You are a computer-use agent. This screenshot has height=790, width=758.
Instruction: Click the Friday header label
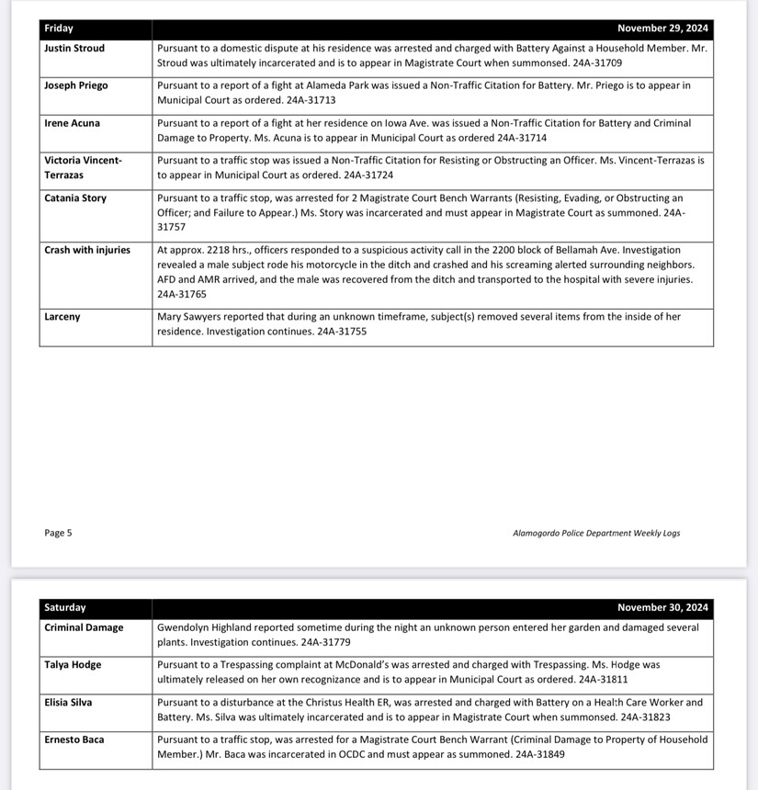[59, 28]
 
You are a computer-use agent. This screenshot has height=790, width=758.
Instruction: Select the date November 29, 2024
[662, 28]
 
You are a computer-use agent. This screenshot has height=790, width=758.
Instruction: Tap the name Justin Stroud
[74, 48]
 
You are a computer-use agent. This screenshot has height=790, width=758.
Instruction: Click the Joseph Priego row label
[76, 85]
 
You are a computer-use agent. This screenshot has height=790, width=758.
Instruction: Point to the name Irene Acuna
[73, 123]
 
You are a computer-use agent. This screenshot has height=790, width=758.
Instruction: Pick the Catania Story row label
[75, 198]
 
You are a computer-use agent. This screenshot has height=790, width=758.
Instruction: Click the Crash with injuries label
[87, 250]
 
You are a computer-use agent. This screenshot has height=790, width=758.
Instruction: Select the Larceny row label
[62, 317]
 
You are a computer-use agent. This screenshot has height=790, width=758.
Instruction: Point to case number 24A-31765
[182, 294]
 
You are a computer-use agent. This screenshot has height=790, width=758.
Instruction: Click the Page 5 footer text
[58, 533]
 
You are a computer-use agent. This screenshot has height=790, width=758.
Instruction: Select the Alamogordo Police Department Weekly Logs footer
[596, 533]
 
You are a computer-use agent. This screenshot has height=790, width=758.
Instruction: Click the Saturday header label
[65, 607]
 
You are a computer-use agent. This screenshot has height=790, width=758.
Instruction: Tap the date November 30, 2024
[662, 607]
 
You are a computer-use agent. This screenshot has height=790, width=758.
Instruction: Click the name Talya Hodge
[73, 665]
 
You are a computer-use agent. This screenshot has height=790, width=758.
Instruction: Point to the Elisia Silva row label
[69, 703]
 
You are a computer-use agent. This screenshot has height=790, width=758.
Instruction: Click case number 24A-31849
[535, 754]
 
